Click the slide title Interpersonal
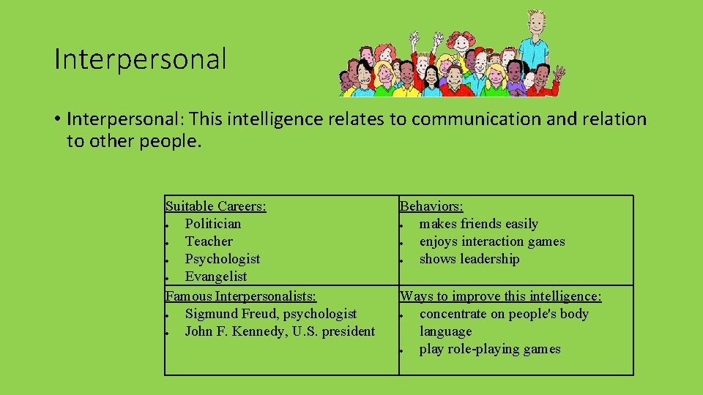[141, 59]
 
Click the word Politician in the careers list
[212, 224]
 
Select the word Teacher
[209, 241]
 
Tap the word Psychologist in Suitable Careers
[222, 259]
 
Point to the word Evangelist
[215, 276]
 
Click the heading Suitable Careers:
[215, 206]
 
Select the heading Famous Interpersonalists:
[241, 296]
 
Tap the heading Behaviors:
[431, 206]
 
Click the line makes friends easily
[478, 224]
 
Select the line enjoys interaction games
[491, 241]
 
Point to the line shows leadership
[469, 259]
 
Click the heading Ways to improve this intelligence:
[500, 296]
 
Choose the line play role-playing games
[489, 349]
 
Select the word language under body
[445, 331]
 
